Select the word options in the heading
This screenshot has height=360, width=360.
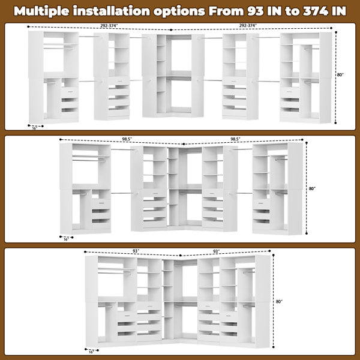[179, 11]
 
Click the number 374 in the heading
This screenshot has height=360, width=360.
[316, 11]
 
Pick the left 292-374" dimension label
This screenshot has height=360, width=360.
[109, 26]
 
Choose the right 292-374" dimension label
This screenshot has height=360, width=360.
[248, 25]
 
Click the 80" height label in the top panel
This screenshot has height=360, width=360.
[340, 75]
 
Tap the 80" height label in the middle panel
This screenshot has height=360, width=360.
[312, 188]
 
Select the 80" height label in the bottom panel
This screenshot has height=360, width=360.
[279, 301]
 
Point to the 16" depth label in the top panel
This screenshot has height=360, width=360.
[35, 128]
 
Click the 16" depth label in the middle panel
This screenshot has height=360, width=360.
[66, 239]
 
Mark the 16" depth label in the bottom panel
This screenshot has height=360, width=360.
[91, 352]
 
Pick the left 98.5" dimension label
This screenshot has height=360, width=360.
[127, 139]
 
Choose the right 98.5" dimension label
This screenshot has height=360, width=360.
[235, 139]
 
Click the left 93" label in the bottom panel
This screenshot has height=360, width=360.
[136, 251]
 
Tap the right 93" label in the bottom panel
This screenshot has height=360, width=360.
[216, 251]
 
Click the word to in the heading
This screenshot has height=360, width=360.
[293, 11]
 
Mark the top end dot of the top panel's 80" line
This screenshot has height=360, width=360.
[336, 32]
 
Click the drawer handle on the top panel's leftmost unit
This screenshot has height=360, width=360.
[69, 92]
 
